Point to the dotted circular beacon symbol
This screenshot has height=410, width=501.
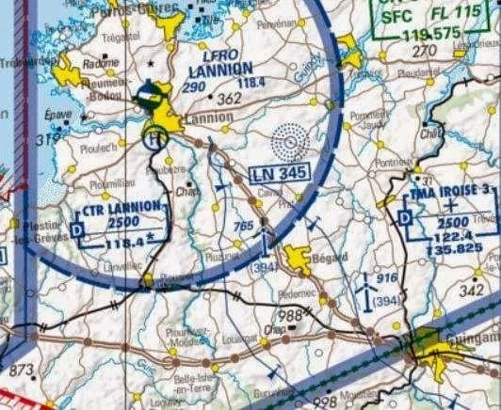point(288,144)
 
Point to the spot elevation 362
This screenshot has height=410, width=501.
point(229,97)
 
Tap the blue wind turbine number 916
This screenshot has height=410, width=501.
point(384,278)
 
